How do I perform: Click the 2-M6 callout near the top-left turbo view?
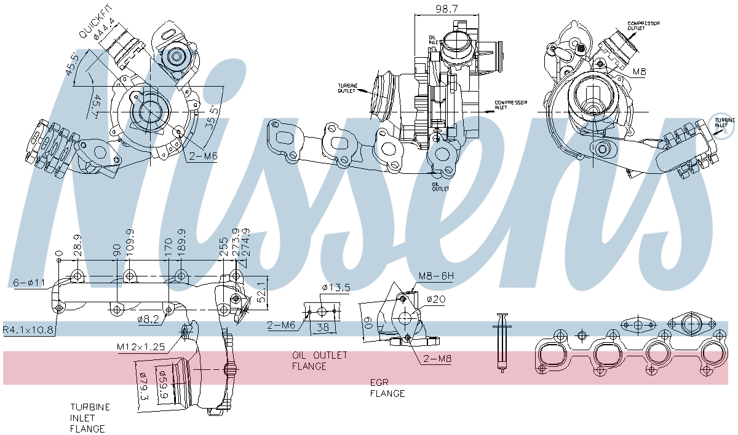coord(203,157)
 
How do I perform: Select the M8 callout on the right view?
coord(640,72)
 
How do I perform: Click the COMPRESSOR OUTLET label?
coord(643,26)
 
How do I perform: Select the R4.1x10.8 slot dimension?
coord(28,330)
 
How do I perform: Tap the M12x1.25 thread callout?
coord(141,347)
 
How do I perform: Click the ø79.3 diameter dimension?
coord(143,383)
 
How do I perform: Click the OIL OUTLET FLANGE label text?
coord(319,361)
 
